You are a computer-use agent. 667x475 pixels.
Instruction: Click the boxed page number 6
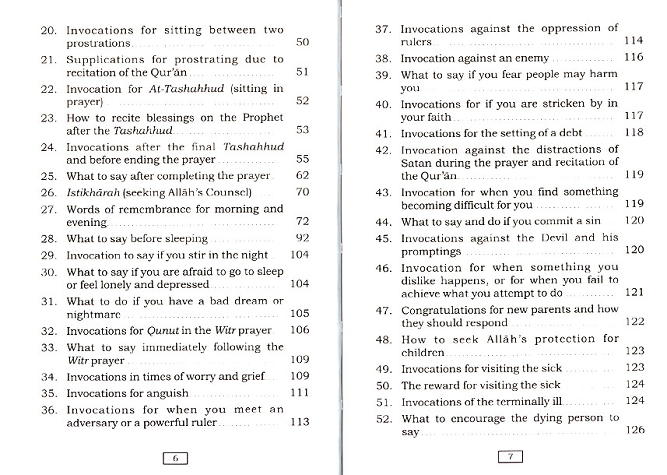pyautogui.click(x=175, y=458)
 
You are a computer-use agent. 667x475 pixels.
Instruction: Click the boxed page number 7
pyautogui.click(x=511, y=457)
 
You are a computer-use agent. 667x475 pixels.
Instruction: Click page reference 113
pyautogui.click(x=300, y=423)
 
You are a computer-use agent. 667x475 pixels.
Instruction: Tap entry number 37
pyautogui.click(x=382, y=29)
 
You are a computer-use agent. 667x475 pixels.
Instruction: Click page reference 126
pyautogui.click(x=634, y=430)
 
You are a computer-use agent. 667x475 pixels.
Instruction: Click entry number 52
pyautogui.click(x=382, y=418)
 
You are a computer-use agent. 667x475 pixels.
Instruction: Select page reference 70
pyautogui.click(x=302, y=192)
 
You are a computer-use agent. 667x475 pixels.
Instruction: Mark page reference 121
pyautogui.click(x=634, y=293)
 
